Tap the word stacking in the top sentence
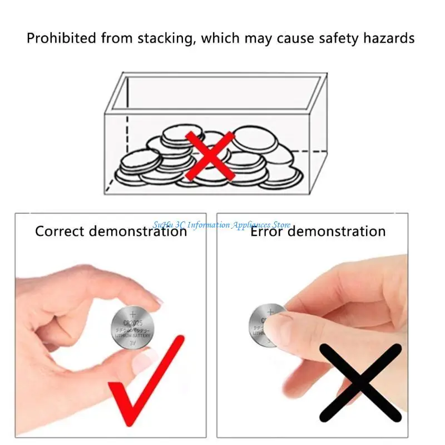170,39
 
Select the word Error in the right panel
268,231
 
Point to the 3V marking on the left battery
132,343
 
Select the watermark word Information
209,225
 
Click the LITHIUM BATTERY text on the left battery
132,336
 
